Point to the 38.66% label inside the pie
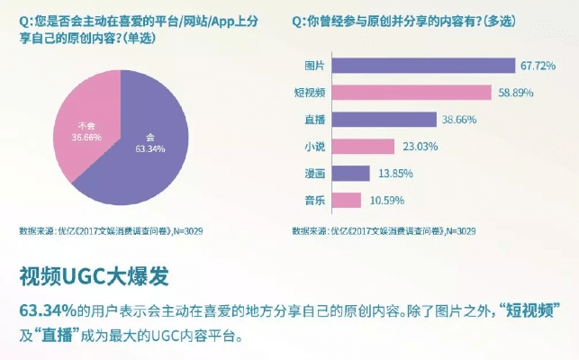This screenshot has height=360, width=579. tap(86, 136)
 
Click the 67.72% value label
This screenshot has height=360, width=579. tap(539, 67)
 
